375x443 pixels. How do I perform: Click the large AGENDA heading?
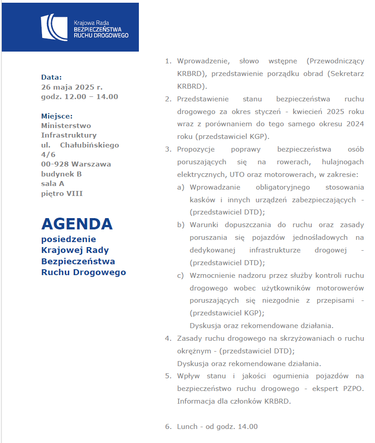click(77, 224)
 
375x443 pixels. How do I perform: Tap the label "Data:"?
click(52, 77)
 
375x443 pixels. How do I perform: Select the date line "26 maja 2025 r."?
click(72, 87)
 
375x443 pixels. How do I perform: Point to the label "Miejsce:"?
click(57, 116)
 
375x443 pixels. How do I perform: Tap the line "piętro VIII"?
click(62, 194)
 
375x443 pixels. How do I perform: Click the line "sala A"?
click(52, 184)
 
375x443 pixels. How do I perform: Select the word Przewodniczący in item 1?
click(335, 61)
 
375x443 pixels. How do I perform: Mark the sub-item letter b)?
click(180, 224)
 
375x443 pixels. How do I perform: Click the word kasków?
click(202, 200)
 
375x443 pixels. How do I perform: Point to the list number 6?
click(168, 427)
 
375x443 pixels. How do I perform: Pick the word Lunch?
click(187, 427)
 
